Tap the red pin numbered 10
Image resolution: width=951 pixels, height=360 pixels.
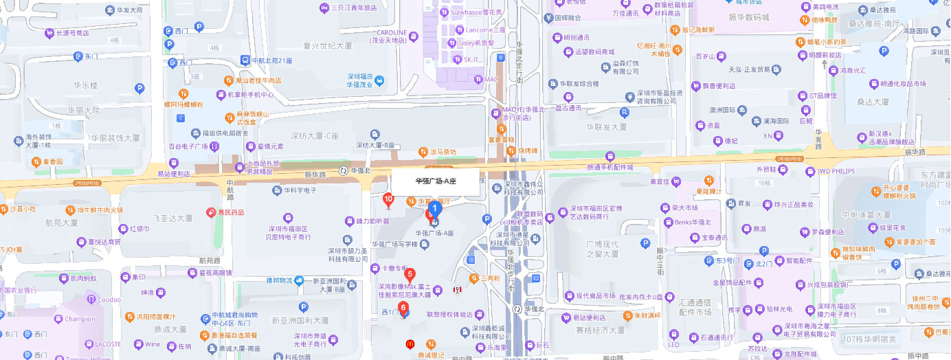point(388,200)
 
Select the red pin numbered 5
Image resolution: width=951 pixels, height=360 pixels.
point(410,275)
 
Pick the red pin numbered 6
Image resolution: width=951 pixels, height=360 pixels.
point(403,308)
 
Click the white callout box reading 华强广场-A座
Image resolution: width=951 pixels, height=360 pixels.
point(436,181)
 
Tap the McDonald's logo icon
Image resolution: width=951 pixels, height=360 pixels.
point(410,343)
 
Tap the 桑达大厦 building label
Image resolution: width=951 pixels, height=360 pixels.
point(872,102)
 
